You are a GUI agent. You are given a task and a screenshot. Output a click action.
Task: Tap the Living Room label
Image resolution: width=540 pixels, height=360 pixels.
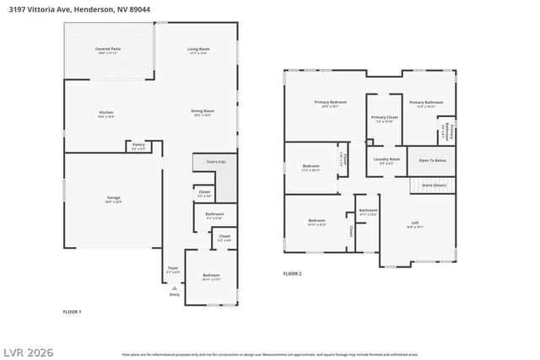click(x=198, y=51)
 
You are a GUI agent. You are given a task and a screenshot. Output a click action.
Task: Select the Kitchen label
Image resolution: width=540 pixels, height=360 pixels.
click(x=105, y=113)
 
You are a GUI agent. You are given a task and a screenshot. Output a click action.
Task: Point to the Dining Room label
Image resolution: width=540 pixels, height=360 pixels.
click(x=202, y=111)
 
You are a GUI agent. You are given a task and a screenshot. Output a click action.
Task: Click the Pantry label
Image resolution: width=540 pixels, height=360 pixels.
click(x=138, y=146)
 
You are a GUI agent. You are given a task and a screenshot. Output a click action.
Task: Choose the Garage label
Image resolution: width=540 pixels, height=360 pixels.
click(x=113, y=198)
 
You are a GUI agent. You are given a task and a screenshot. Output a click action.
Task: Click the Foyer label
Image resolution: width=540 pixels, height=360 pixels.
click(x=173, y=269)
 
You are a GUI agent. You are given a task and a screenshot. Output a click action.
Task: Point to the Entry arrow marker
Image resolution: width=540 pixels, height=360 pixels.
click(x=175, y=287)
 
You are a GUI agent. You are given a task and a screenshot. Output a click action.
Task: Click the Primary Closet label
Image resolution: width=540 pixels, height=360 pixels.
click(x=385, y=118)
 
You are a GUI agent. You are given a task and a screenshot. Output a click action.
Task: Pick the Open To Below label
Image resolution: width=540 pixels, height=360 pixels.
click(x=432, y=159)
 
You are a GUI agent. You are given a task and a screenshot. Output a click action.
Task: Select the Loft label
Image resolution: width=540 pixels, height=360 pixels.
click(x=414, y=223)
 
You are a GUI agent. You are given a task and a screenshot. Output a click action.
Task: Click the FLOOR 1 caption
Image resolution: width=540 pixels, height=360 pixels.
click(x=72, y=312)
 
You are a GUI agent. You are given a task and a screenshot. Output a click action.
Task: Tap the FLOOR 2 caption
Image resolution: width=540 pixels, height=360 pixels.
click(x=292, y=273)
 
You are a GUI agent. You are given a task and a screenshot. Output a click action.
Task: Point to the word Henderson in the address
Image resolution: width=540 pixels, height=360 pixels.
click(x=116, y=8)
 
